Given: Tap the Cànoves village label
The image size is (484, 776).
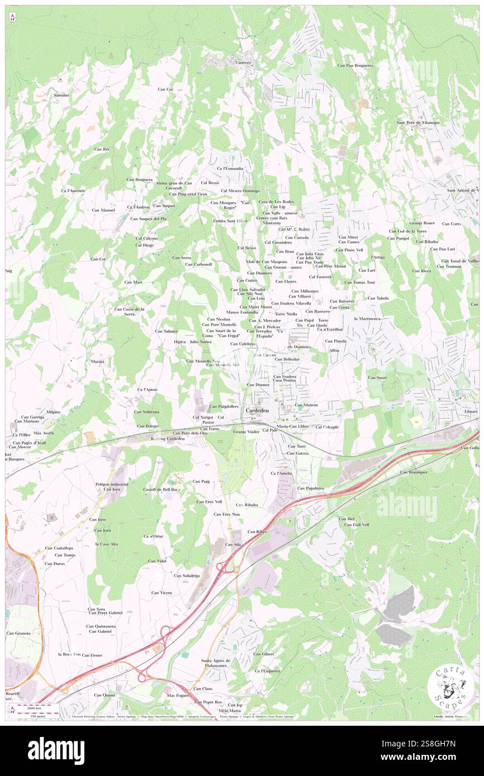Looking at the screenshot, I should click(x=243, y=63).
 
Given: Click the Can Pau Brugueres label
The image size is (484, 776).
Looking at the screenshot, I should click(x=355, y=65).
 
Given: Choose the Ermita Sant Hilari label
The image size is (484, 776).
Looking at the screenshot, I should click(x=229, y=221).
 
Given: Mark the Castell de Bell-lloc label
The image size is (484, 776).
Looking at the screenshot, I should click(x=161, y=490).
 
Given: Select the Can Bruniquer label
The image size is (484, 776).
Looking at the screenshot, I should click(x=414, y=472).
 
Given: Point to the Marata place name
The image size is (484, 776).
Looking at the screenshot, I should click(x=98, y=362).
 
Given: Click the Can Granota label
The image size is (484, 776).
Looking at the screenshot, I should click(x=18, y=633).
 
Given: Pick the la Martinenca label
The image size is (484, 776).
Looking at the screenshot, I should click(x=367, y=318).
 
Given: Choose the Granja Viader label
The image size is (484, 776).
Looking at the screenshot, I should click(x=246, y=432).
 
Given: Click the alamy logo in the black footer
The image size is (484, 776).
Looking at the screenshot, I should click(x=56, y=750).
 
